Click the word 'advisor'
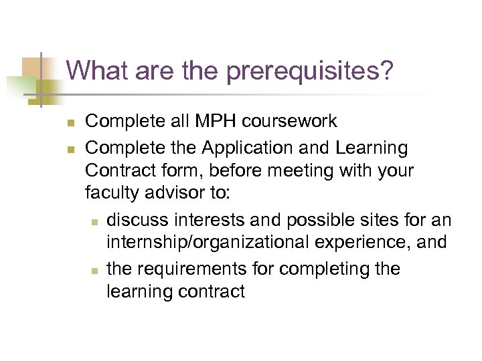(177, 195)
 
